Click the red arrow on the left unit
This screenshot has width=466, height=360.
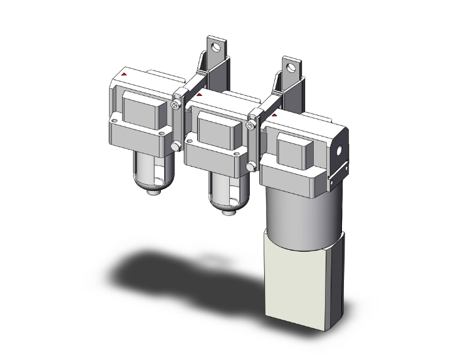tap(125, 75)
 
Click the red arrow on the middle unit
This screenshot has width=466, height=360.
tap(199, 96)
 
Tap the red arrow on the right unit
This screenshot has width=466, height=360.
tap(274, 116)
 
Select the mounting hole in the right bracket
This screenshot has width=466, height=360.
tap(289, 65)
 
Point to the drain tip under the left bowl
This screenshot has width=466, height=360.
tap(151, 192)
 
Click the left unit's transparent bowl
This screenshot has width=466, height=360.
tap(150, 172)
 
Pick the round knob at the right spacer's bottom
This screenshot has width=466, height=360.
tap(251, 167)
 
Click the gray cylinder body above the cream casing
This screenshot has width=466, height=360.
tap(302, 210)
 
